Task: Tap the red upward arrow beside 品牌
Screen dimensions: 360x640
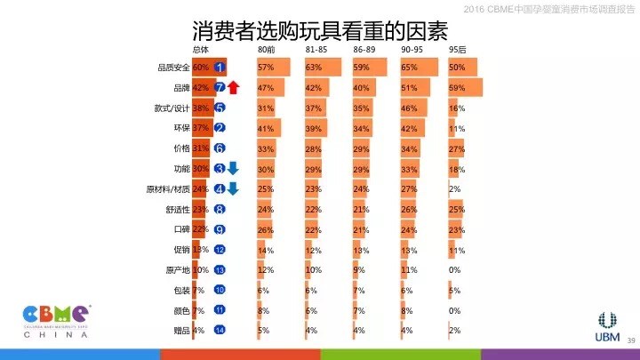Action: (234, 87)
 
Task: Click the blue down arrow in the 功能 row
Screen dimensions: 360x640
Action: (234, 168)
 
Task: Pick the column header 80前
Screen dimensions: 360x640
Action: (266, 50)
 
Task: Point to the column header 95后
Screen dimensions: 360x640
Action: (459, 50)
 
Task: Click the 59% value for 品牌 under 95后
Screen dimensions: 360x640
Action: (458, 88)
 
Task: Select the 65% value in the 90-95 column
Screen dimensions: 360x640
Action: (410, 68)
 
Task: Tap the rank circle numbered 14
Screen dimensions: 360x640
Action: (220, 331)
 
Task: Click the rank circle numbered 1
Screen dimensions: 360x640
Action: (220, 68)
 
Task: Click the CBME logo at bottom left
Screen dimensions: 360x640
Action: (55, 319)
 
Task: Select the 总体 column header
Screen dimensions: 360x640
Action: (204, 50)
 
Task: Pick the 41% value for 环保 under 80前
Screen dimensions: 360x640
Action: (265, 128)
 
